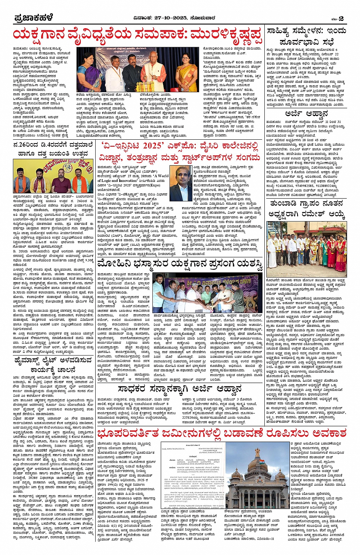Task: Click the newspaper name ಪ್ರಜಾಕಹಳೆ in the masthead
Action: [x=34, y=18]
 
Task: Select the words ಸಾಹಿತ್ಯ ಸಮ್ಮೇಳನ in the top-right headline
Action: [x=295, y=31]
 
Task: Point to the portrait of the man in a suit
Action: [x=181, y=183]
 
